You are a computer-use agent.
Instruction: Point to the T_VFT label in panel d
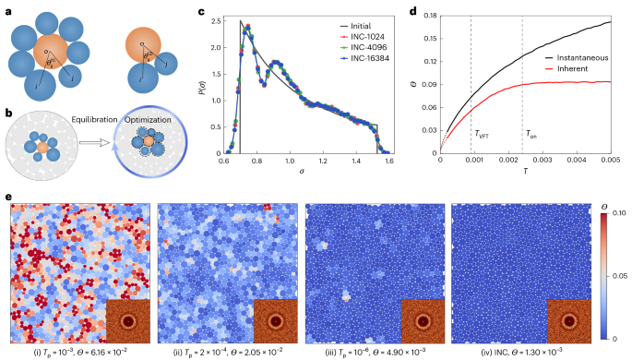(482, 134)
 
